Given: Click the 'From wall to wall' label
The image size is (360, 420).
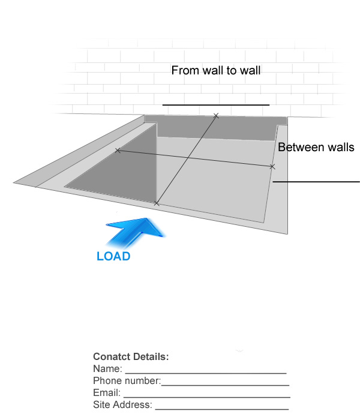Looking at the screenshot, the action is (x=216, y=70).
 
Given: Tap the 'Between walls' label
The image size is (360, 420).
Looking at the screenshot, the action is (x=316, y=148).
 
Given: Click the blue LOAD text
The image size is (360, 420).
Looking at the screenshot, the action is (x=113, y=256).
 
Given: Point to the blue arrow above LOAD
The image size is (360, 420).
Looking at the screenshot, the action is (x=135, y=232).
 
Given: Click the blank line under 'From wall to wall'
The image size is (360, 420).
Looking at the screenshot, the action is (x=216, y=105).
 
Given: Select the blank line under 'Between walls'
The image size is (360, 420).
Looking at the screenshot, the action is (x=316, y=182).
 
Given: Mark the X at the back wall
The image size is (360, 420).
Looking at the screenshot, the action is (x=216, y=116).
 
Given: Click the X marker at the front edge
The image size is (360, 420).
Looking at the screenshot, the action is (x=157, y=203).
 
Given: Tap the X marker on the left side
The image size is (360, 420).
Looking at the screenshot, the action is (x=118, y=151).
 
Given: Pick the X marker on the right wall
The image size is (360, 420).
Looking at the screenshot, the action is (x=272, y=167).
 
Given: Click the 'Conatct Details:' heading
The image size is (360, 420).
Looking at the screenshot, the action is (x=131, y=357).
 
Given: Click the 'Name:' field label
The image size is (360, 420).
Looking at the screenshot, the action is (x=107, y=369).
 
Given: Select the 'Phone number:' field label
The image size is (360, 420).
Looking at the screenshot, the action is (x=127, y=380).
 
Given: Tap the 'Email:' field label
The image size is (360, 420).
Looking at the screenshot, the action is (x=107, y=392).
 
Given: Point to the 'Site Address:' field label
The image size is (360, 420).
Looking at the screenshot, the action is (x=122, y=405).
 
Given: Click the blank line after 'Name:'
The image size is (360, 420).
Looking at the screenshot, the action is (x=206, y=373).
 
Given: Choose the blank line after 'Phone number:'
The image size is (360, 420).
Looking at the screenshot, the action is (x=225, y=385).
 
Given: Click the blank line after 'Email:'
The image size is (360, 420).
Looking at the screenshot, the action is (x=207, y=397).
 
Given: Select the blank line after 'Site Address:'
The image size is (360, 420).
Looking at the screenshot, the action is (x=222, y=409).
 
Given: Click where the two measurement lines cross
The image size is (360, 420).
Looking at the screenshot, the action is (x=187, y=158).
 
